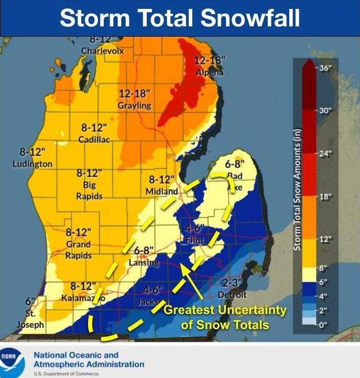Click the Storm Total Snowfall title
(180, 18)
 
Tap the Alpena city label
(210, 72)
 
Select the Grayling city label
(135, 105)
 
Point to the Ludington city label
(32, 164)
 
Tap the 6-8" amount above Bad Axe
(235, 164)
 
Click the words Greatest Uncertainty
(225, 310)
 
